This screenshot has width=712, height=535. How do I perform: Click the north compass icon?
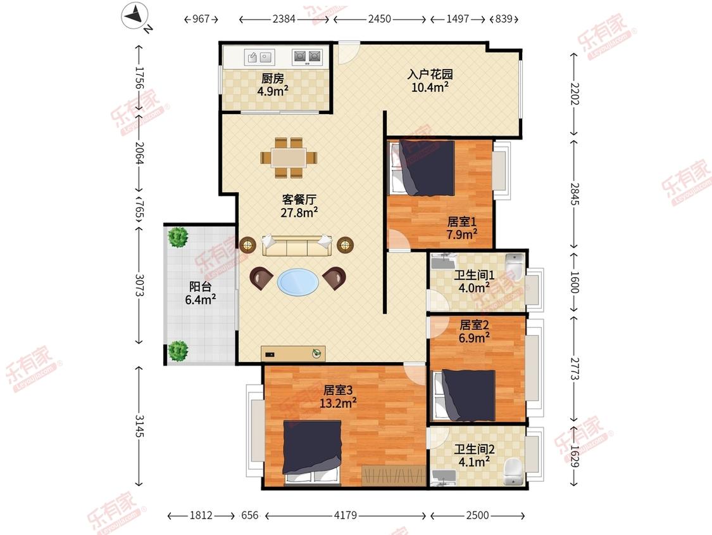pyautogui.click(x=134, y=16)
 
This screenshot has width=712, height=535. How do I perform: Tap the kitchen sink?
pyautogui.click(x=259, y=57)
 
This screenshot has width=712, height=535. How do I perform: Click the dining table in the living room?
pyautogui.click(x=289, y=158)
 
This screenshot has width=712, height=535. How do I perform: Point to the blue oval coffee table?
pyautogui.click(x=298, y=283)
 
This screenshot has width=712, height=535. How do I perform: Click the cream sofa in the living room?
pyautogui.click(x=297, y=246)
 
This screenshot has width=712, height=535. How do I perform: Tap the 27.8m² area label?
pyautogui.click(x=299, y=212)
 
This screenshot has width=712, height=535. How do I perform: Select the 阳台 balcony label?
pyautogui.click(x=200, y=287)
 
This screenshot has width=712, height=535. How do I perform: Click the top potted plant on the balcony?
pyautogui.click(x=178, y=237)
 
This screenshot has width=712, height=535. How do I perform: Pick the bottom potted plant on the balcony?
pyautogui.click(x=178, y=351)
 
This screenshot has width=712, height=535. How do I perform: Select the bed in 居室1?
pyautogui.click(x=422, y=168)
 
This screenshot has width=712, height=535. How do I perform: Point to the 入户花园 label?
pyautogui.click(x=430, y=74)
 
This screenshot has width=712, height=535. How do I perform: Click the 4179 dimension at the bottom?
pyautogui.click(x=346, y=515)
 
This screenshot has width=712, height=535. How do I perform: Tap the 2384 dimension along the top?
pyautogui.click(x=284, y=19)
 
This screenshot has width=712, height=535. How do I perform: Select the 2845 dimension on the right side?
pyautogui.click(x=575, y=193)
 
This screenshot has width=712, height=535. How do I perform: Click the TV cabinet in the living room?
pyautogui.click(x=293, y=354)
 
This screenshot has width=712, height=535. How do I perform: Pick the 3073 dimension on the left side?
pyautogui.click(x=140, y=285)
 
